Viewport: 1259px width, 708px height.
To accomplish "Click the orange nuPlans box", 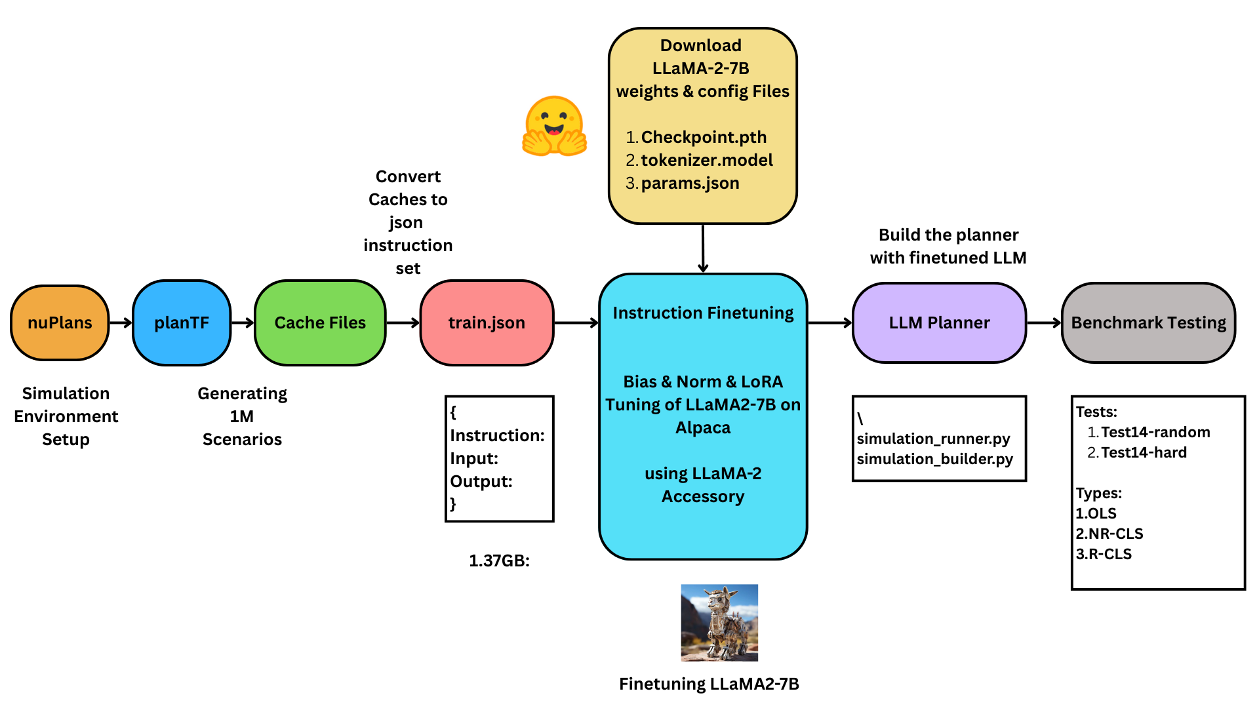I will coord(60,323).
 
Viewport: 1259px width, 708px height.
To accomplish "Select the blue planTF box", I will coord(182,323).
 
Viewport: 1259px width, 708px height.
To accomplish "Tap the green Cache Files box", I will coord(320,323).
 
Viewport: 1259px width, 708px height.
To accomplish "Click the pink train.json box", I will coord(487,323).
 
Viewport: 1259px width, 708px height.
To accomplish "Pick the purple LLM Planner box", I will coord(939,323).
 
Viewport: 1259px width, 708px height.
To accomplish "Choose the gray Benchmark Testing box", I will coord(1148,323).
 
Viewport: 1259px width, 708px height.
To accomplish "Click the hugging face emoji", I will coord(554,126).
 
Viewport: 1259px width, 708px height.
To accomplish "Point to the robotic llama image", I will coord(719,622).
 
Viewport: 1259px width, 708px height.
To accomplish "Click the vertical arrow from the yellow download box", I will coord(703,248).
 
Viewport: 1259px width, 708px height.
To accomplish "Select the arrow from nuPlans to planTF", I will coord(121,323).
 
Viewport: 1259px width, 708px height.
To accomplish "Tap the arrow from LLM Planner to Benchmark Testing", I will coord(1044,323).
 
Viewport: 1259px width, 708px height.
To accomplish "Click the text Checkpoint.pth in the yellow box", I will coord(704,137).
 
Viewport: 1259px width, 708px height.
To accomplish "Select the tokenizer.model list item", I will coord(706,160).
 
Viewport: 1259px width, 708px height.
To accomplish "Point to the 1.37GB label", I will coord(499,560).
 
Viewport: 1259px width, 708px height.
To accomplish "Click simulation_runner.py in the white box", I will coord(933,439).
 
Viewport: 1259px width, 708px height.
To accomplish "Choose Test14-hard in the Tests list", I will coord(1144,452).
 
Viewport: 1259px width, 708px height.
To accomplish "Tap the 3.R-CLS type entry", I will coord(1104,554).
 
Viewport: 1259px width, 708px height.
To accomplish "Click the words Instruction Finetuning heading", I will coord(703,313).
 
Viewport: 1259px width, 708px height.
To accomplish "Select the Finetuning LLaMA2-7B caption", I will coord(709,684).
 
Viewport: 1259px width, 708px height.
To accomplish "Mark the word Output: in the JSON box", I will coord(481,481).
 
